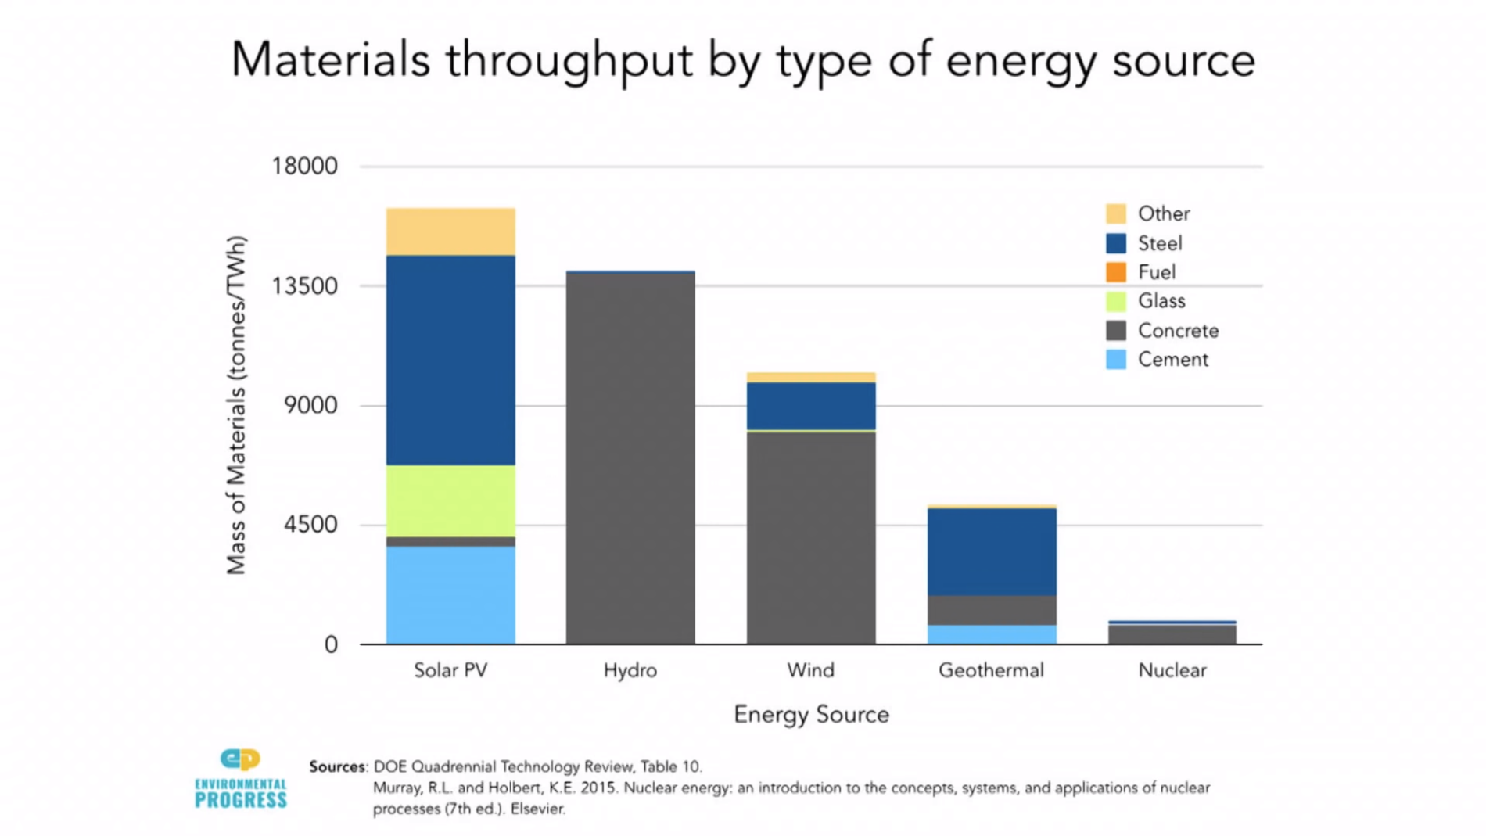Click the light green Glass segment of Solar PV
(450, 501)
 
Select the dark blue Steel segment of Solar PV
(450, 360)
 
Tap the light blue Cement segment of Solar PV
(450, 594)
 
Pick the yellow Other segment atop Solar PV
(450, 231)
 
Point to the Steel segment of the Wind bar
(811, 405)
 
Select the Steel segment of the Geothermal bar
(992, 551)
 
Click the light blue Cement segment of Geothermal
(992, 634)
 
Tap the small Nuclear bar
(1172, 633)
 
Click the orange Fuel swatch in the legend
(1116, 272)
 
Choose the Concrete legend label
(1178, 331)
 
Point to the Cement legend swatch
(1116, 360)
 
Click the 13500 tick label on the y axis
(304, 286)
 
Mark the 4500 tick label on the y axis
(310, 525)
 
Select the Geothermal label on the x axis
(991, 670)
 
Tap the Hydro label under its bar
(630, 670)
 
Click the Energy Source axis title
(811, 715)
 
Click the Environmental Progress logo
(241, 779)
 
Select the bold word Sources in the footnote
(337, 767)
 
